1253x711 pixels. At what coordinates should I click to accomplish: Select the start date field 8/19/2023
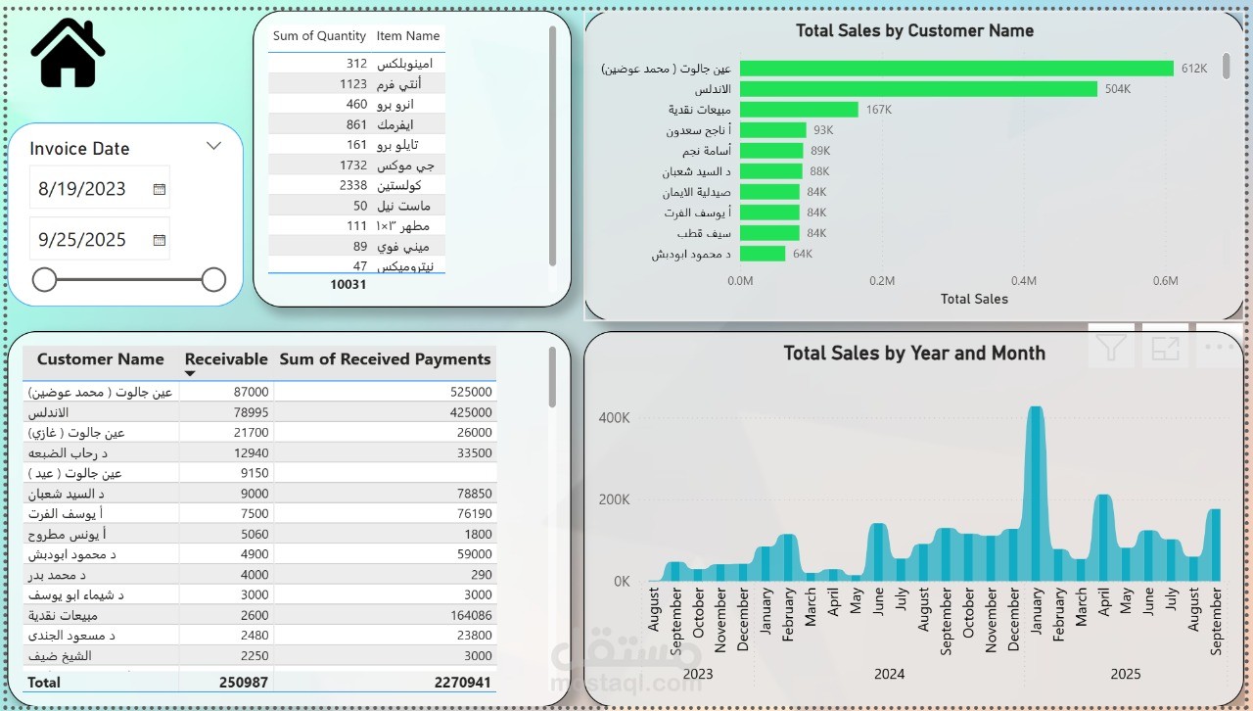tap(82, 189)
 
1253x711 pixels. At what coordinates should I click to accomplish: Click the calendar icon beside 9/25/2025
tap(160, 240)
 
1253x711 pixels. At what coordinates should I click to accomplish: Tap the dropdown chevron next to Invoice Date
tap(214, 146)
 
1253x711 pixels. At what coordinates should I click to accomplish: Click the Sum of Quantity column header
tap(319, 36)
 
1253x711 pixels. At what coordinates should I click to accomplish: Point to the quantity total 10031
tap(348, 284)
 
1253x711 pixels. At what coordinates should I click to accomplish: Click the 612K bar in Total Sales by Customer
tap(955, 69)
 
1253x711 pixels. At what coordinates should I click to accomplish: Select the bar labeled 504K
tap(917, 89)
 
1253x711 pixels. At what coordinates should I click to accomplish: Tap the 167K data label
tap(879, 110)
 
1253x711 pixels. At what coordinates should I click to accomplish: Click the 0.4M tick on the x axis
tap(1024, 281)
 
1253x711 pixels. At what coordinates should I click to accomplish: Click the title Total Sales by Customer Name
tap(914, 30)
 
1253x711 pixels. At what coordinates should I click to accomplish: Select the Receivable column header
tap(226, 359)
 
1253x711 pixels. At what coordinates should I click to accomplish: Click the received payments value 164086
tap(470, 615)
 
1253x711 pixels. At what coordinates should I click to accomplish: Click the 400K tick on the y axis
tap(615, 418)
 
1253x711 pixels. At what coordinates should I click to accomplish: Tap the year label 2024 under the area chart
tap(890, 674)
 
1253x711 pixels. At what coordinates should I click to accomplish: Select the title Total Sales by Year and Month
tap(914, 354)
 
